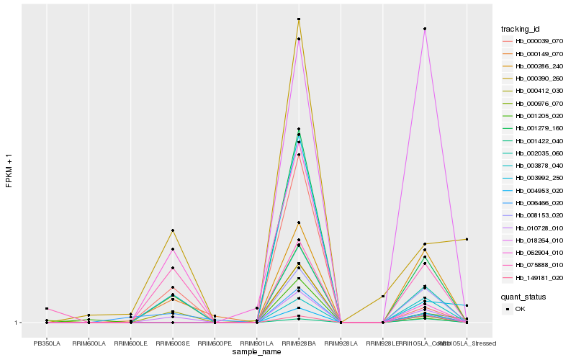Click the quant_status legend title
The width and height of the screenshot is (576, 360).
[524, 296]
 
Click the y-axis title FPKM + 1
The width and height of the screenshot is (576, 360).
[9, 171]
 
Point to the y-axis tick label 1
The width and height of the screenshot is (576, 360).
[17, 323]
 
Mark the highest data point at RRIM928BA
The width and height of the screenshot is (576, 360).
[299, 19]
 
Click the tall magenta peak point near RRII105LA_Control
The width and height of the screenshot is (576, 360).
[425, 29]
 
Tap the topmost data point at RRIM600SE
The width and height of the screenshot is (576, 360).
[173, 230]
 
